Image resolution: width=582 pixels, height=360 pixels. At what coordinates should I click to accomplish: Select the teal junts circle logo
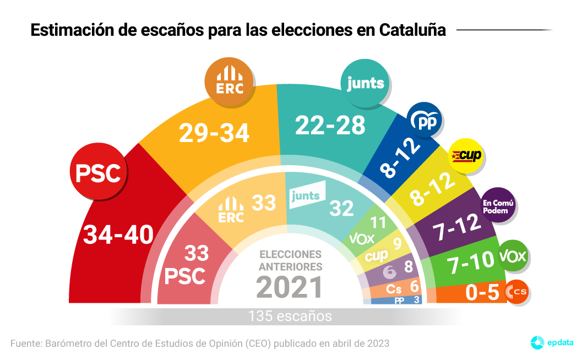[366, 83]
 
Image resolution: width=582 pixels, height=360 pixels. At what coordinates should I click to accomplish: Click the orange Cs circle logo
[516, 292]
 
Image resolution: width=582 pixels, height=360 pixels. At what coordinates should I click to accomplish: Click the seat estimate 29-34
[215, 132]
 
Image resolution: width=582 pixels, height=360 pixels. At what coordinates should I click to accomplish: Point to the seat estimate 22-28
[330, 126]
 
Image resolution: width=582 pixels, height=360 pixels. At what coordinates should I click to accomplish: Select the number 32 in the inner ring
[341, 208]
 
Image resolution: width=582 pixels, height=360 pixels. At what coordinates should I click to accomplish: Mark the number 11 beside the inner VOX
[378, 223]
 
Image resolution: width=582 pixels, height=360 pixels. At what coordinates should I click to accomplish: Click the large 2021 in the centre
[290, 286]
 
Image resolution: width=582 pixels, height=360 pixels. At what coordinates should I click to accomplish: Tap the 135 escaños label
[290, 317]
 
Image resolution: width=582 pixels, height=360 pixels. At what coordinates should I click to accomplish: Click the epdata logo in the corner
[551, 342]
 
